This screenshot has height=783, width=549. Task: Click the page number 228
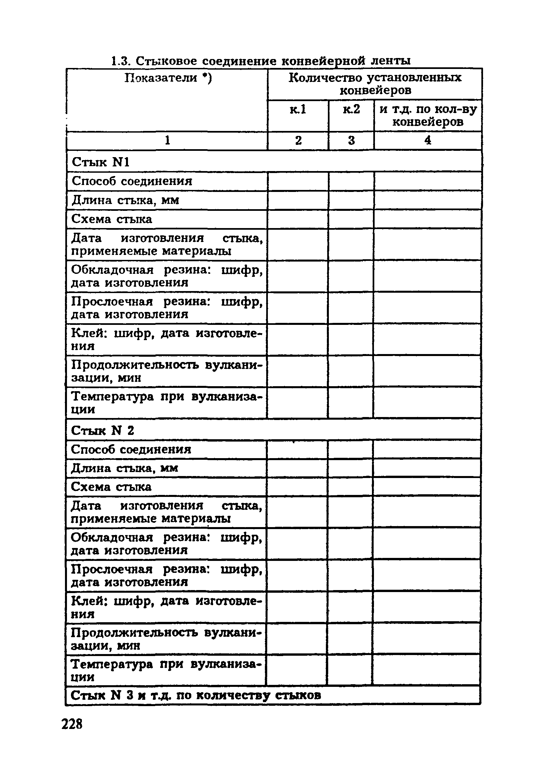tap(72, 723)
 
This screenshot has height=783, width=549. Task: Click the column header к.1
tap(298, 109)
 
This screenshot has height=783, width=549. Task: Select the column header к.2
tap(351, 109)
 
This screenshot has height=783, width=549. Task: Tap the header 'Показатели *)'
tap(167, 78)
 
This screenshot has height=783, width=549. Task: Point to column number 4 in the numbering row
tap(428, 141)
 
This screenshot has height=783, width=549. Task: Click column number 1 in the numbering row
tap(167, 141)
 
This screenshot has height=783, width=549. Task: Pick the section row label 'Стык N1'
tap(100, 162)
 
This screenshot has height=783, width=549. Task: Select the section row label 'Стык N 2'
tap(102, 430)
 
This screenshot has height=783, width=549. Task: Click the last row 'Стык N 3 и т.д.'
tap(195, 695)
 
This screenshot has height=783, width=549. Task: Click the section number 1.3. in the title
tap(121, 61)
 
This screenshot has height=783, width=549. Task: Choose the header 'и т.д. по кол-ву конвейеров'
tap(428, 116)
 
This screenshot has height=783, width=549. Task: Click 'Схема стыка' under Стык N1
tap(111, 219)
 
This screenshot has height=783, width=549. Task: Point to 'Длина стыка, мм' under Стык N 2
tap(124, 468)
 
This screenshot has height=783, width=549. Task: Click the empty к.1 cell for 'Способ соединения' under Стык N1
tap(298, 181)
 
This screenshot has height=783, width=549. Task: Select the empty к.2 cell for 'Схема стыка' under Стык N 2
tap(350, 487)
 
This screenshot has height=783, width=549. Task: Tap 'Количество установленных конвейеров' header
tap(375, 84)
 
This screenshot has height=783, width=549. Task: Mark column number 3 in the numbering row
tap(351, 141)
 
